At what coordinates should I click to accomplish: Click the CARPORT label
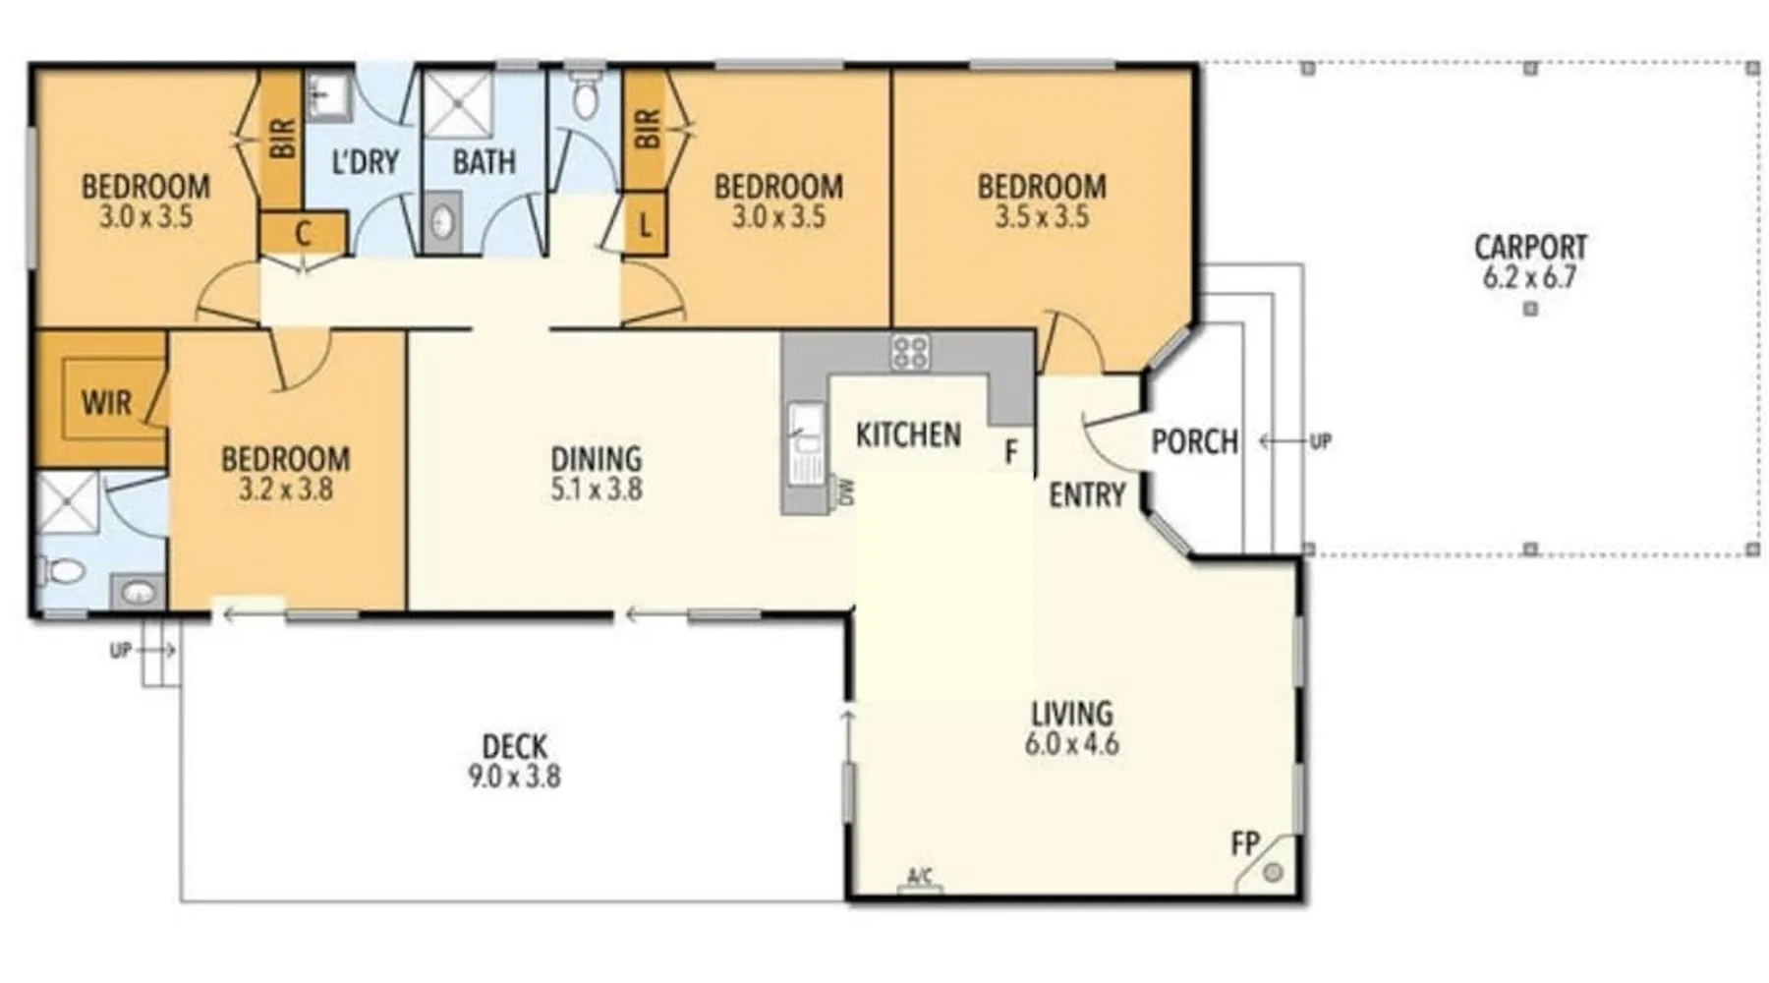(x=1530, y=246)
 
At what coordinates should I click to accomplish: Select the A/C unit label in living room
(x=919, y=876)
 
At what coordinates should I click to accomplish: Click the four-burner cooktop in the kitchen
(x=910, y=352)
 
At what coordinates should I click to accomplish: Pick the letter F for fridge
(x=1011, y=452)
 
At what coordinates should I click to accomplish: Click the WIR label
(x=105, y=402)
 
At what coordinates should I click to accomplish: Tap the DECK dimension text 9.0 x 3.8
(x=514, y=777)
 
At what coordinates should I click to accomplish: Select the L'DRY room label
(x=365, y=161)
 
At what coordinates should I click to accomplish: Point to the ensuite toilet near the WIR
(x=59, y=569)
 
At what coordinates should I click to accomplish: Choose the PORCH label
(x=1194, y=441)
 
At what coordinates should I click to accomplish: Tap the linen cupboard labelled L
(x=645, y=224)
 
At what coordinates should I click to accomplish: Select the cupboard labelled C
(x=303, y=234)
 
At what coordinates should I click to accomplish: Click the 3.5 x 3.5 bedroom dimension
(x=1042, y=216)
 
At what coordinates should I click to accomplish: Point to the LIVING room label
(x=1071, y=713)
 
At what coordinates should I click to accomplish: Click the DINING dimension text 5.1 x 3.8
(x=597, y=489)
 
